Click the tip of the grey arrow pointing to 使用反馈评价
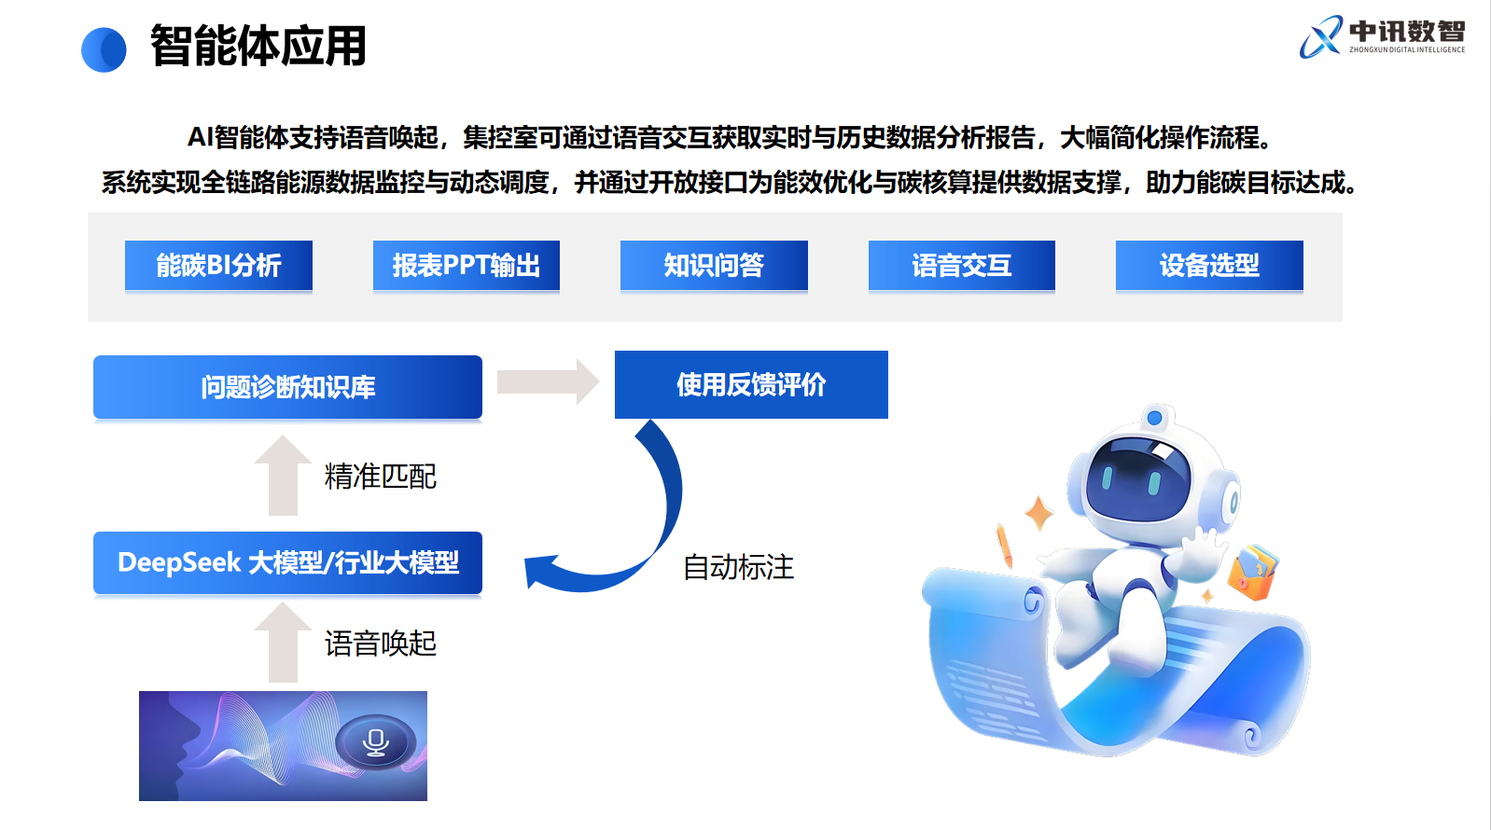pos(599,381)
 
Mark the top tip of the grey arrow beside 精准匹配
pos(283,436)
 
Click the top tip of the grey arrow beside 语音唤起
pos(283,602)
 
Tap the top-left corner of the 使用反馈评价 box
pos(615,352)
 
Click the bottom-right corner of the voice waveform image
pos(426,800)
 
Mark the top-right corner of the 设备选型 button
pos(1303,241)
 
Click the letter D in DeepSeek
pos(127,562)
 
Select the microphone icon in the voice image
pos(375,742)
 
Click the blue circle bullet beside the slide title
pos(104,49)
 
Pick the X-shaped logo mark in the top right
pos(1321,36)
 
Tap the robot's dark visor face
pos(1137,478)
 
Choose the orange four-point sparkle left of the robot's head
pos(1038,514)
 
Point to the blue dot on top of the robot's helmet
pos(1155,418)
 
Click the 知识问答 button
pos(714,266)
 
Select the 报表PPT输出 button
pos(467,266)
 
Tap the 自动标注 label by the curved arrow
pos(739,567)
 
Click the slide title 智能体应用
pos(258,46)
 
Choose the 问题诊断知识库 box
pos(287,387)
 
